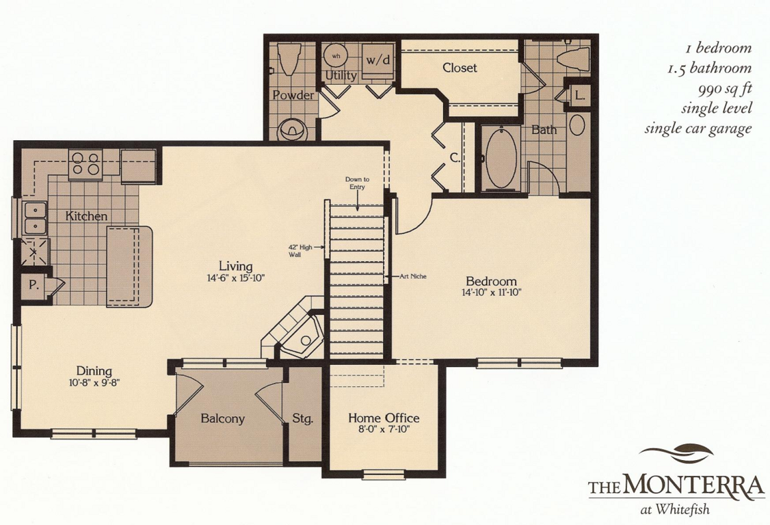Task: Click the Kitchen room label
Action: coord(86,215)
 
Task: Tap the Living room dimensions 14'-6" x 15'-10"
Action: coord(236,278)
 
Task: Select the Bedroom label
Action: coord(491,282)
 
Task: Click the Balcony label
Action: coord(222,419)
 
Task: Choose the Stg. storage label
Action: coord(302,419)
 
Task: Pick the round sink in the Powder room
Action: coord(292,130)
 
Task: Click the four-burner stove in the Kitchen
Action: coord(85,164)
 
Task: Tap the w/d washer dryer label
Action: coord(379,60)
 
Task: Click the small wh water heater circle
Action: coord(336,57)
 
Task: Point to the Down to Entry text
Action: coord(357,183)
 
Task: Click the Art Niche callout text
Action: coord(412,276)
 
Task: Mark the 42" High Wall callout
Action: coord(300,251)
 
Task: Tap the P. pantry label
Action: coord(34,285)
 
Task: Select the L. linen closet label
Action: coord(580,96)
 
